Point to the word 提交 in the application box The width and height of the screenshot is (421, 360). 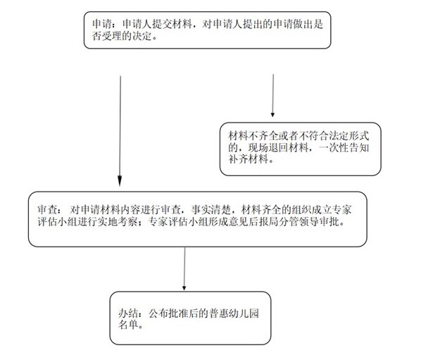coord(162,24)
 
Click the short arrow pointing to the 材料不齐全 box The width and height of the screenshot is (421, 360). coord(272,96)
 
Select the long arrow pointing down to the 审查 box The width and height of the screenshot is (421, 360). coord(120,131)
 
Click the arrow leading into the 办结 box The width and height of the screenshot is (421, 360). coord(184,269)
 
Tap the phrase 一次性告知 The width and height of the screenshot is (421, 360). coord(344,147)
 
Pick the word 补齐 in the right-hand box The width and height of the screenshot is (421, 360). coord(238,159)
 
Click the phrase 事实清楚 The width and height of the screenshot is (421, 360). coord(211,209)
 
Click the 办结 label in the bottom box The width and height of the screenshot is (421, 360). coord(128,314)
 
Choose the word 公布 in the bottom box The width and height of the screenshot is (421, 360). coord(158,314)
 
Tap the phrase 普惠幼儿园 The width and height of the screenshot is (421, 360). coord(234,314)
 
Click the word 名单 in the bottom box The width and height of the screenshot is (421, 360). coord(128,325)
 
